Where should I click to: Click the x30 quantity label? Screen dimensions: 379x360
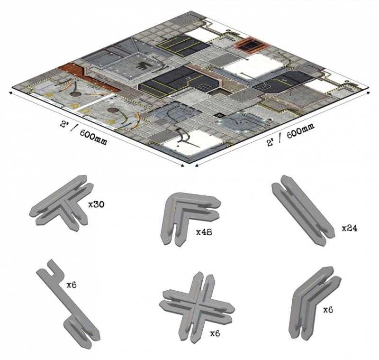(x=96, y=205)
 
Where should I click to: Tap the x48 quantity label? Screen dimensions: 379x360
(x=204, y=232)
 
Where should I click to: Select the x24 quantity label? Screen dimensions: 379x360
(x=350, y=228)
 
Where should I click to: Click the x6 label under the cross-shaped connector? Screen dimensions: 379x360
(x=215, y=333)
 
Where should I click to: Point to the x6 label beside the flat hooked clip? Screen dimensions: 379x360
(x=72, y=285)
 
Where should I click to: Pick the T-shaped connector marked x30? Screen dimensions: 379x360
(x=62, y=203)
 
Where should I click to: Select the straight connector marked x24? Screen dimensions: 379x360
(x=303, y=209)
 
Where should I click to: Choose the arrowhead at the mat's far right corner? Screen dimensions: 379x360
(x=369, y=93)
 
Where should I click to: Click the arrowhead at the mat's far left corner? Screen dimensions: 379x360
(x=10, y=93)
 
